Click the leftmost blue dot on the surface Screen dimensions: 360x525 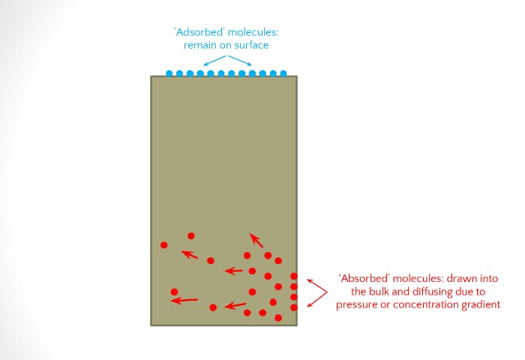169,73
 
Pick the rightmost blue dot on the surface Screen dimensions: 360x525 283,73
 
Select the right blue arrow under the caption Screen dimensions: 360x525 241,60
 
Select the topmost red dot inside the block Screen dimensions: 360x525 191,235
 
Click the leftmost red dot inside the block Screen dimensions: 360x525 164,245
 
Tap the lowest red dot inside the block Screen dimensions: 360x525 278,318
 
